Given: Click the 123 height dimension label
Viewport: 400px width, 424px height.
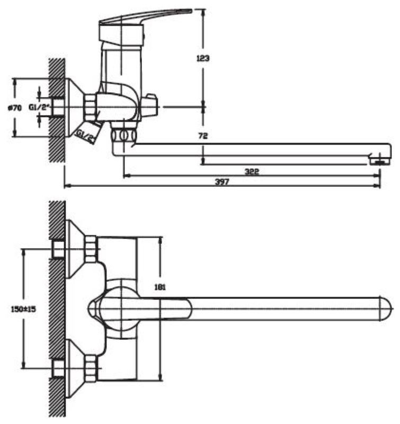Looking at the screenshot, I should point(202,58).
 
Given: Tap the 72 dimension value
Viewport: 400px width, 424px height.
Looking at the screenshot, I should point(202,136).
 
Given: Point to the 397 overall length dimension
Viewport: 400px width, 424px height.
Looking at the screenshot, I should point(223,181).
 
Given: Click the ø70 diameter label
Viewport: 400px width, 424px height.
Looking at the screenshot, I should point(14,108).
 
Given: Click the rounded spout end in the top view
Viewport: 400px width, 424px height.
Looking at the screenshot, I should point(386,309).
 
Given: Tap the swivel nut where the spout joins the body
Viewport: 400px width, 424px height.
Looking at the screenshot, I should point(123,135).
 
